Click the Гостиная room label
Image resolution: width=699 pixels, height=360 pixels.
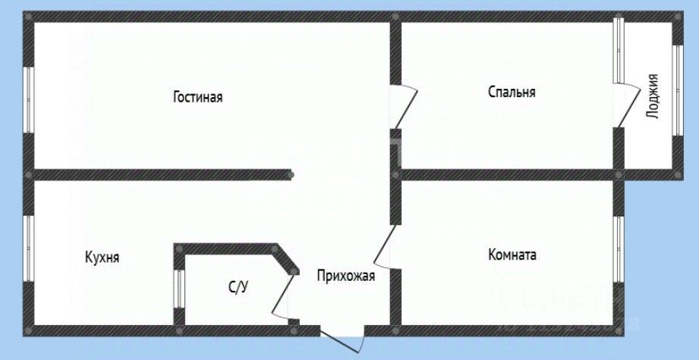tap(197, 97)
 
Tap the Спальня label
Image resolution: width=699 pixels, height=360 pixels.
tap(512, 93)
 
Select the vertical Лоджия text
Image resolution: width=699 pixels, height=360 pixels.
tap(652, 96)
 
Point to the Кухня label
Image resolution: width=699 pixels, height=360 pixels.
tap(102, 257)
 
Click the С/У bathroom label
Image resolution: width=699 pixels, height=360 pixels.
tap(238, 286)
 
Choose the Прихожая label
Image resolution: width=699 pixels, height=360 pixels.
tap(346, 276)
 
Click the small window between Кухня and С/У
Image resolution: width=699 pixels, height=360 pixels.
tap(178, 289)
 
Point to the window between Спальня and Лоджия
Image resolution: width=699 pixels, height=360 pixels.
tap(618, 49)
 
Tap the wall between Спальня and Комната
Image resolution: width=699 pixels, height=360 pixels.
tap(509, 175)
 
